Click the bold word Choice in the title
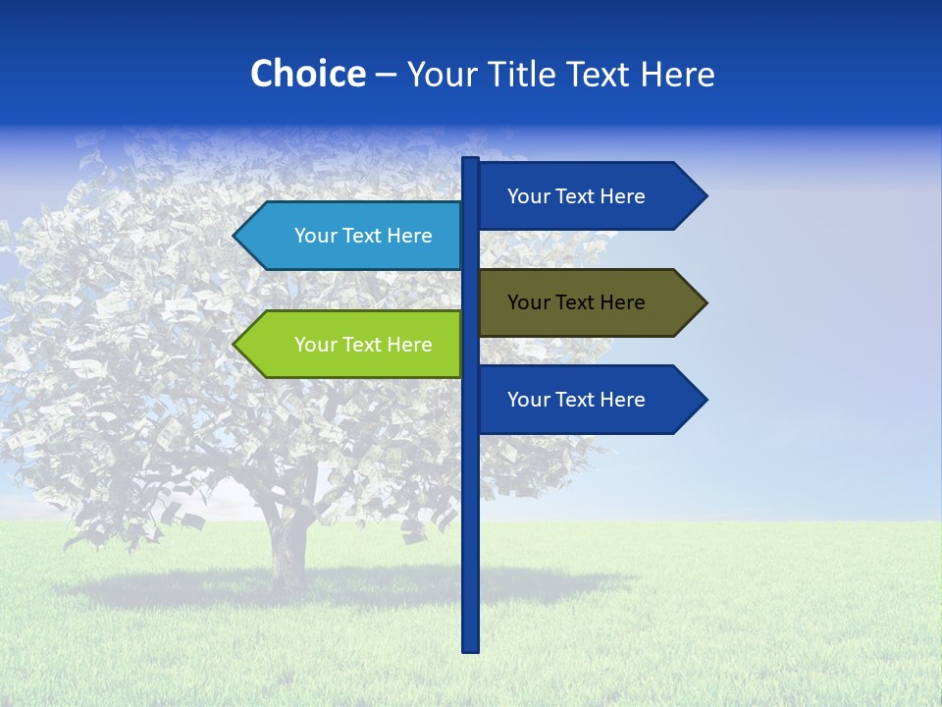[307, 74]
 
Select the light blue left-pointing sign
[348, 236]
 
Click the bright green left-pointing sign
[348, 345]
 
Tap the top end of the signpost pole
[471, 160]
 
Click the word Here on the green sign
[410, 345]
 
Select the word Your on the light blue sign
[315, 236]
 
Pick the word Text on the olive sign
[576, 302]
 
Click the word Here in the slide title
[678, 74]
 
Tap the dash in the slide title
[386, 75]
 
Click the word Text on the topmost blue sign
[576, 196]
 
